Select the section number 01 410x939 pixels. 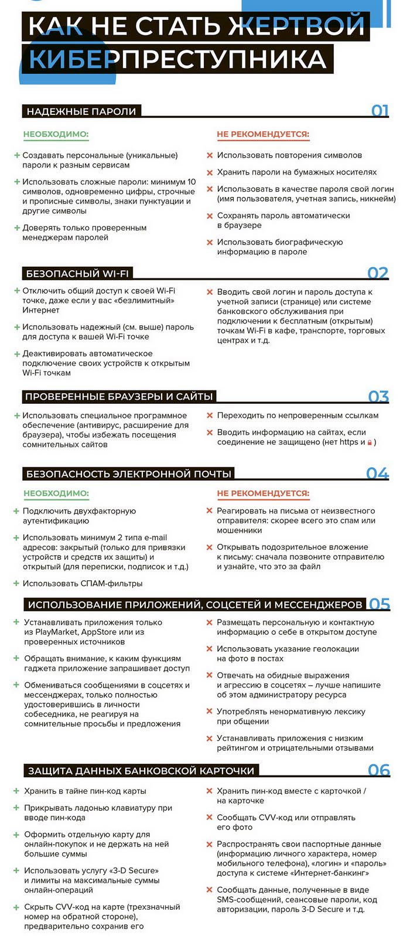[380, 110]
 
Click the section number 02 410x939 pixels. [378, 273]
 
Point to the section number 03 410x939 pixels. [378, 397]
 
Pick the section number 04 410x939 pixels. [377, 474]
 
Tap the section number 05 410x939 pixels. [379, 604]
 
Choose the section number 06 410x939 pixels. [378, 770]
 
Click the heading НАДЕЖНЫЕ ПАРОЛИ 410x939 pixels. [81, 111]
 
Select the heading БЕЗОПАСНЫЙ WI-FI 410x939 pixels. [77, 274]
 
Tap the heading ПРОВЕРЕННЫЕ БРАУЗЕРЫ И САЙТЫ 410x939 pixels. [118, 397]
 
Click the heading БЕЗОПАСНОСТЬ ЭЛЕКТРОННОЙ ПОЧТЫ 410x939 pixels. [129, 474]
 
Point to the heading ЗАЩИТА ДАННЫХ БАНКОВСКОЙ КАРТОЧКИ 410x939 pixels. [141, 770]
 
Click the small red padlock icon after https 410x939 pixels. [370, 443]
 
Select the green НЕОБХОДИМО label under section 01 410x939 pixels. [56, 134]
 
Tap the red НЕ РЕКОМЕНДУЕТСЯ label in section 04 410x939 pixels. [263, 494]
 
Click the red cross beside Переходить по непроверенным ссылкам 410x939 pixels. [209, 416]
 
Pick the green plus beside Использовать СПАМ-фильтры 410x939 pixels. [16, 583]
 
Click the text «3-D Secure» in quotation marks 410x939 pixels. [134, 870]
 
